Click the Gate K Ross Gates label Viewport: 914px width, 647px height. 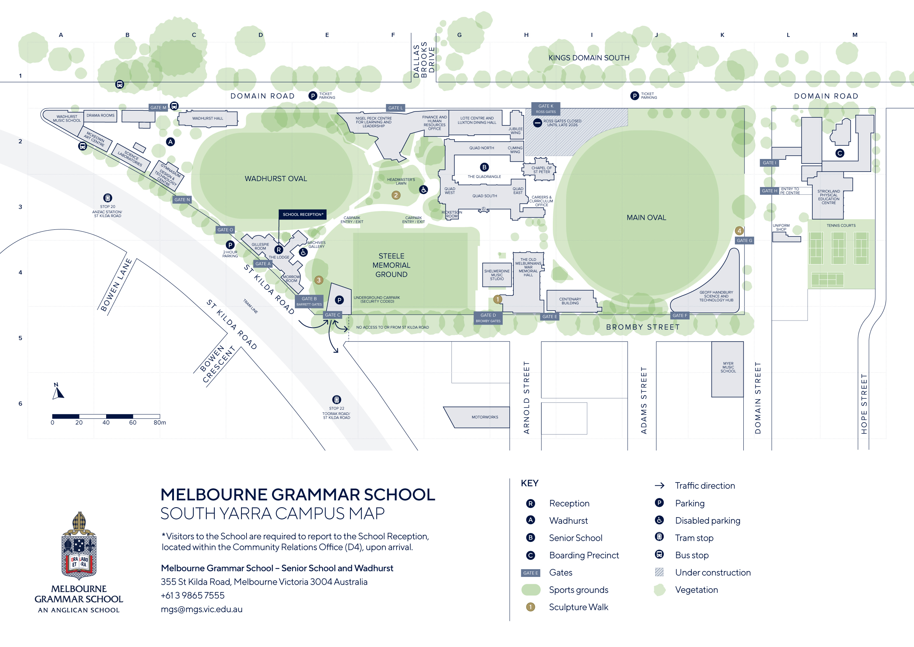[545, 108]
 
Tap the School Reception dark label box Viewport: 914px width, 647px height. [302, 214]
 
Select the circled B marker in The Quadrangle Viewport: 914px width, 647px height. [484, 167]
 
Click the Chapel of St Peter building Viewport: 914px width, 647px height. [540, 169]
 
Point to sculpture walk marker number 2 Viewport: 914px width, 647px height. [395, 195]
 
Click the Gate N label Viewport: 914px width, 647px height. [182, 200]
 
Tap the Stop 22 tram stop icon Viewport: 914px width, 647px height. [336, 399]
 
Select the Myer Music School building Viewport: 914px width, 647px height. [727, 369]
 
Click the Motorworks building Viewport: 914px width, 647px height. [482, 417]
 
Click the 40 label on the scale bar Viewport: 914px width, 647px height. [106, 423]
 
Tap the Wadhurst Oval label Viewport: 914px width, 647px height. [275, 179]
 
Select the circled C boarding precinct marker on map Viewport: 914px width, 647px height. [840, 153]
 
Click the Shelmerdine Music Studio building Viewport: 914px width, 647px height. [496, 275]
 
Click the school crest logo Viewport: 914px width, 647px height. [79, 546]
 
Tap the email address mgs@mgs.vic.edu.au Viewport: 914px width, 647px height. [202, 609]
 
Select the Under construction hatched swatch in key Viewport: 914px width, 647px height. [659, 572]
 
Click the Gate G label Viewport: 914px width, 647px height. [744, 240]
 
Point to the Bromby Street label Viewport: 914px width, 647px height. [642, 327]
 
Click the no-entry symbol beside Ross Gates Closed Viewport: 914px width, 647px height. [537, 123]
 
